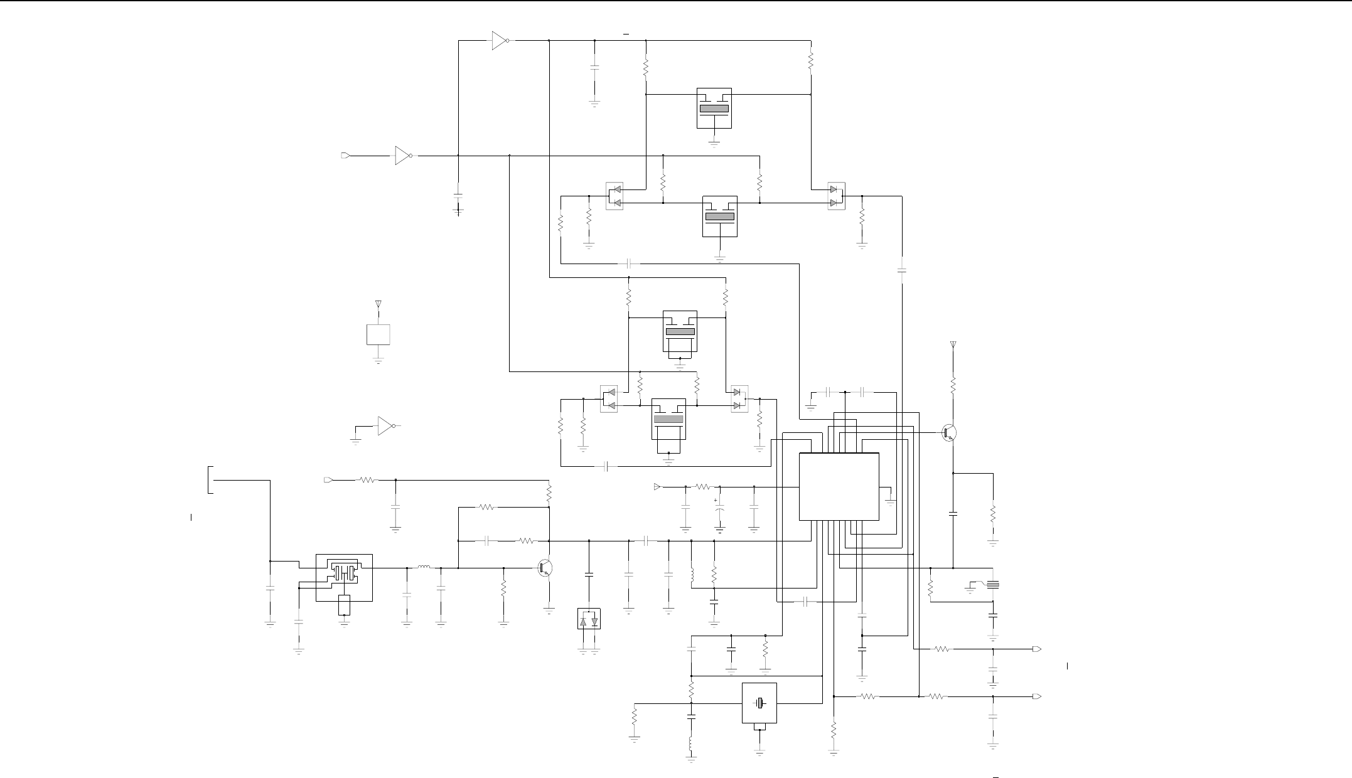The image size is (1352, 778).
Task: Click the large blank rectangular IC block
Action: [x=839, y=486]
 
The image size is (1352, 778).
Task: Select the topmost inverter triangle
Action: [x=500, y=41]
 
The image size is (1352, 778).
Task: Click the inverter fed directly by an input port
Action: [x=402, y=156]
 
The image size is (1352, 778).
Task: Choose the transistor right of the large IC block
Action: [x=949, y=433]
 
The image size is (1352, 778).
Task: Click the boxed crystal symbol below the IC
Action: [x=759, y=703]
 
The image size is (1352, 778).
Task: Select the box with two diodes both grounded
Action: [x=589, y=619]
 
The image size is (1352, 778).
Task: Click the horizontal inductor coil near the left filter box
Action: [x=424, y=568]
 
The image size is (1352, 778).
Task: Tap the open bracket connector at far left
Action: [x=210, y=480]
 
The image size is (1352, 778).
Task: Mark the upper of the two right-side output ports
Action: [x=1038, y=649]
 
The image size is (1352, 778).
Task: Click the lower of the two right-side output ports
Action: [x=1038, y=696]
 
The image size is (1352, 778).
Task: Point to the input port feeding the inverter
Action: [x=344, y=156]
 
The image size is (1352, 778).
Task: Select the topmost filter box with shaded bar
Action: [x=714, y=108]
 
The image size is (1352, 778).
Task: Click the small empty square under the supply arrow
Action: [x=378, y=334]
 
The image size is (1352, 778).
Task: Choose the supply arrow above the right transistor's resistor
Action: [x=953, y=344]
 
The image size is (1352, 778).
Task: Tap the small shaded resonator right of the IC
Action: [x=993, y=585]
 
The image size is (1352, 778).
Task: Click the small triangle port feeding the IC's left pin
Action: [x=657, y=487]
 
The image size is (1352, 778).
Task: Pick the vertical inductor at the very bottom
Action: [x=691, y=744]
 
